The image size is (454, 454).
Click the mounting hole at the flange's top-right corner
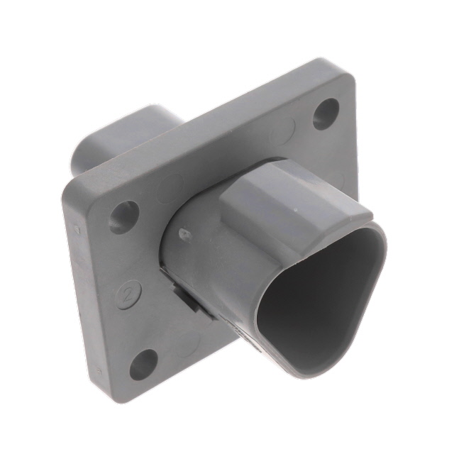click(326, 112)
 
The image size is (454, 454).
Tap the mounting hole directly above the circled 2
click(124, 216)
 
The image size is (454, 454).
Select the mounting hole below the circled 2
click(143, 363)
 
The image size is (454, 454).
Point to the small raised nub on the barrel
click(184, 233)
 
